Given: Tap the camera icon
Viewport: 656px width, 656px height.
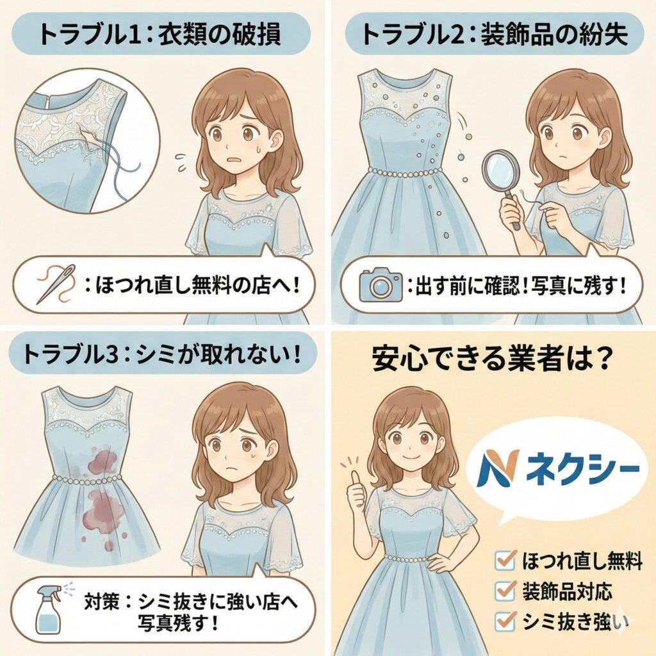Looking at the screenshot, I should [x=380, y=284].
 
